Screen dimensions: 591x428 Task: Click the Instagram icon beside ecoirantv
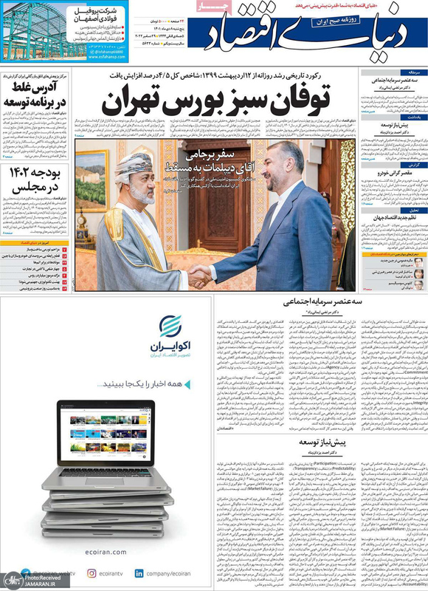click(x=92, y=573)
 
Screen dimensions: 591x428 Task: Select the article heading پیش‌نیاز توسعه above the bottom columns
click(x=318, y=441)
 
